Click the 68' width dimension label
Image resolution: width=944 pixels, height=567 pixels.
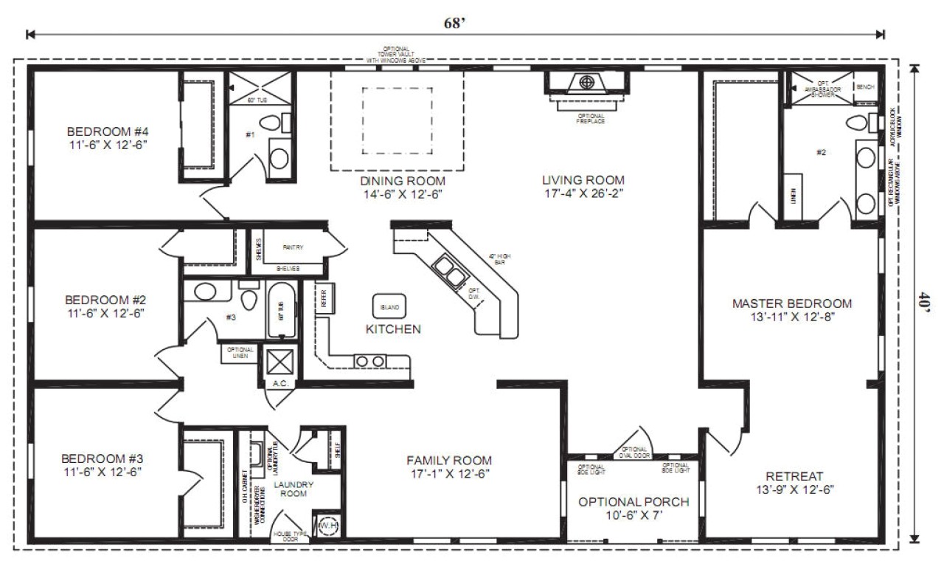(454, 22)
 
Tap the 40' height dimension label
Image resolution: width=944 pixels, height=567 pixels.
(921, 303)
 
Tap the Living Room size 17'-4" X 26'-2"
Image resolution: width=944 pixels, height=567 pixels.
(583, 193)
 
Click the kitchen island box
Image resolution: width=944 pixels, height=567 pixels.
(389, 306)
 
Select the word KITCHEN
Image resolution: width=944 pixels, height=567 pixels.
(394, 329)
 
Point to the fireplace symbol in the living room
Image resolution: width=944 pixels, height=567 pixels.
(587, 82)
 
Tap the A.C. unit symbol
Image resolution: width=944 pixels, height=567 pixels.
(280, 362)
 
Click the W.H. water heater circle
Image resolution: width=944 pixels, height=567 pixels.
(327, 526)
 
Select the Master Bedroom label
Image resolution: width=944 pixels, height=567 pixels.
(791, 303)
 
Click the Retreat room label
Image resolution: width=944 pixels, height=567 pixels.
(794, 476)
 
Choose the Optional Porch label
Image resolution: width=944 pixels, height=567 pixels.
(633, 502)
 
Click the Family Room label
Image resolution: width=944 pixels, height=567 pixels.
(449, 460)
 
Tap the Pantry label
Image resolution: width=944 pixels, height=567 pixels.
(293, 248)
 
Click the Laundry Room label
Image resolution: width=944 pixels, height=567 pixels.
(294, 489)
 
